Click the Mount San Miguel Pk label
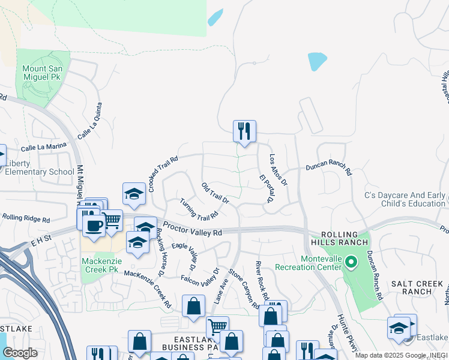[x=42, y=73]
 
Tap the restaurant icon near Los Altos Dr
[x=244, y=131]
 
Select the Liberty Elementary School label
[x=40, y=167]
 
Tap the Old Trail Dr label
[x=215, y=193]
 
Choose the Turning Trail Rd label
[x=198, y=209]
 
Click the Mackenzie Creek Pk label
[x=100, y=266]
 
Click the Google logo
[x=19, y=352]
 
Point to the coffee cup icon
[x=92, y=225]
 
